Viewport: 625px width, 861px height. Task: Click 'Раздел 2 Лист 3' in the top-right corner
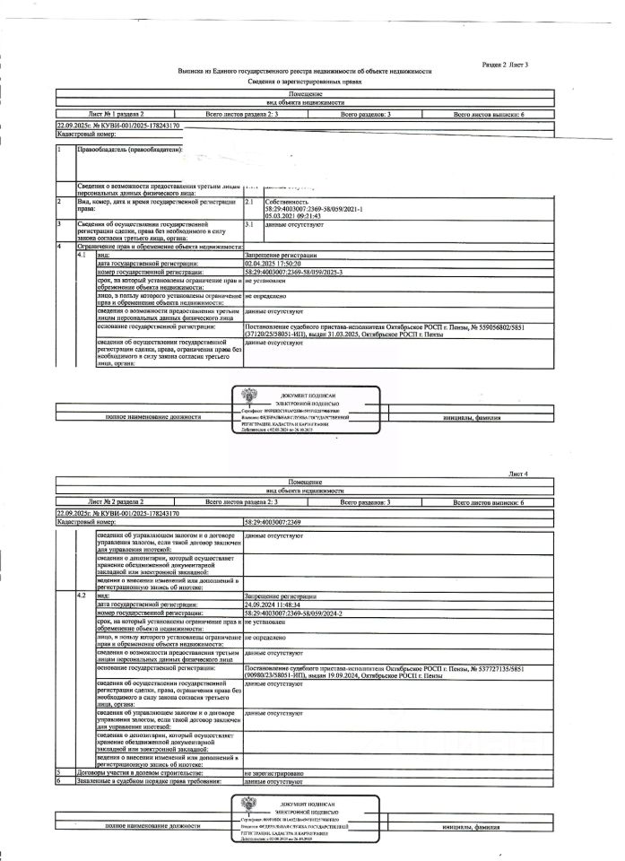coord(505,65)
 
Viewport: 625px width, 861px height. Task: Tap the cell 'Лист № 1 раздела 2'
coord(116,116)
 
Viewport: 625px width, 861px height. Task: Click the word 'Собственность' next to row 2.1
coord(285,204)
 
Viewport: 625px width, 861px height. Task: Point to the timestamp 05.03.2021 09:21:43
coord(294,215)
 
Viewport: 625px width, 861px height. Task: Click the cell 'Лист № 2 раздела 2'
coord(116,504)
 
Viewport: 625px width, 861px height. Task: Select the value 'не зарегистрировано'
coord(274,771)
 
